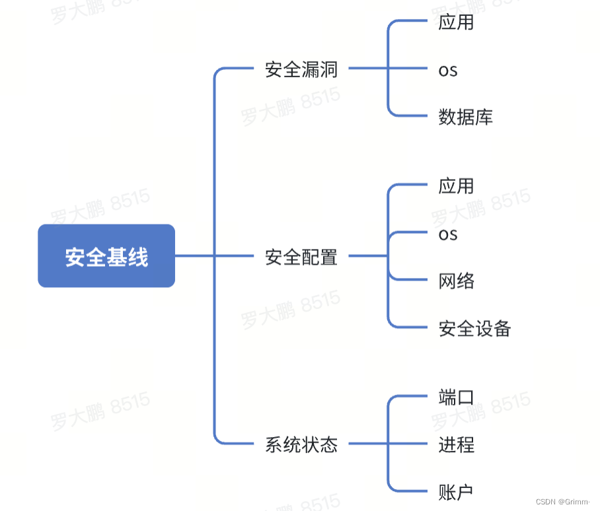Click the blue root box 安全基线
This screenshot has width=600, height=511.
click(106, 256)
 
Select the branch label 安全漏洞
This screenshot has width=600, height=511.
click(301, 69)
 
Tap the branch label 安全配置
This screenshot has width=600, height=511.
click(301, 256)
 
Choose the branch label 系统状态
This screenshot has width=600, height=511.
click(301, 444)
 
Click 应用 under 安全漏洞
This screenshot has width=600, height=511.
click(456, 22)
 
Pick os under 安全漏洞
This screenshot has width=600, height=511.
click(448, 70)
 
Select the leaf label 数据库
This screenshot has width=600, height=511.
click(465, 117)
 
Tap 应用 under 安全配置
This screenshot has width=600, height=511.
click(456, 186)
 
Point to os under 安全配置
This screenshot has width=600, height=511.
click(448, 234)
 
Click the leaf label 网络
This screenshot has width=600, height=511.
click(456, 281)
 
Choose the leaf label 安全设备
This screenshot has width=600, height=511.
click(474, 328)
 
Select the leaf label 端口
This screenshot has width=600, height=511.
click(456, 397)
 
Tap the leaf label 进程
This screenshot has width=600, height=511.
click(456, 444)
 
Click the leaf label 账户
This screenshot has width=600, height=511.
click(456, 491)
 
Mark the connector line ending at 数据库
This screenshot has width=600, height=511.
click(410, 116)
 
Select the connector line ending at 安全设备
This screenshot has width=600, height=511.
click(410, 327)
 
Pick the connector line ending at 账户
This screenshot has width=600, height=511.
click(410, 491)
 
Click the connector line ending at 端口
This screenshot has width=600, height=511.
click(410, 397)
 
